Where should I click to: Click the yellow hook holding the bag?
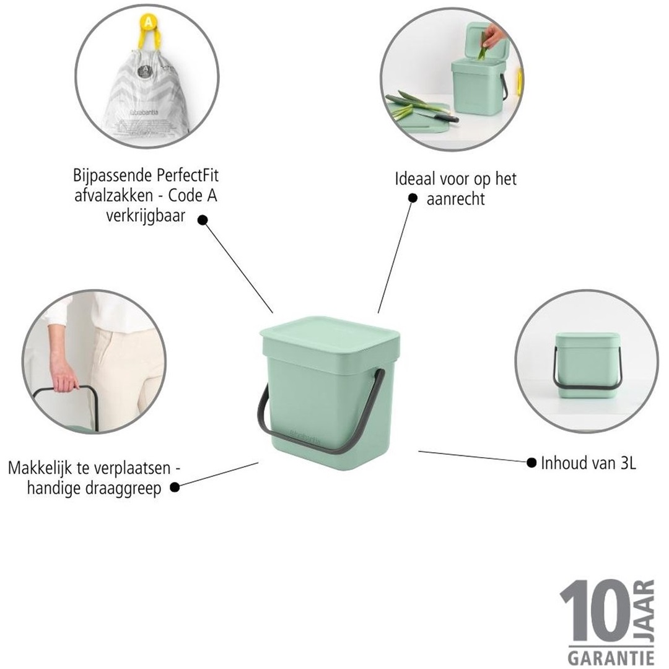coord(147,28)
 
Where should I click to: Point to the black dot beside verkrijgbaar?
coord(203,219)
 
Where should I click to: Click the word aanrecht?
coord(456,199)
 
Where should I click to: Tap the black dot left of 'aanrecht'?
coord(413,198)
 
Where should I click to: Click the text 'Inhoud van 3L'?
coord(588,462)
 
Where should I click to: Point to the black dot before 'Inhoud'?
coord(531,462)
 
